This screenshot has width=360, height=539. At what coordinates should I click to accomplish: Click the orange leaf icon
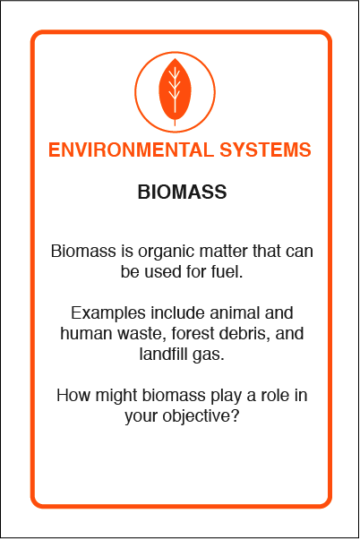pyautogui.click(x=175, y=90)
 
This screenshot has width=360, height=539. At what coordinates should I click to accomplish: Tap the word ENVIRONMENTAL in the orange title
pyautogui.click(x=131, y=150)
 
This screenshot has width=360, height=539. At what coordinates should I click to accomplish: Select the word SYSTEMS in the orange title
pyautogui.click(x=265, y=150)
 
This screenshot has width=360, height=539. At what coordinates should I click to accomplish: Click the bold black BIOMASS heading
pyautogui.click(x=182, y=192)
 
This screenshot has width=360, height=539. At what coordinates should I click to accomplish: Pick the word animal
pyautogui.click(x=235, y=312)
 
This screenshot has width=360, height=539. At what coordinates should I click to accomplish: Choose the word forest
pyautogui.click(x=193, y=333)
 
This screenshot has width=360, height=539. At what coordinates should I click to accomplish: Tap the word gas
pyautogui.click(x=209, y=355)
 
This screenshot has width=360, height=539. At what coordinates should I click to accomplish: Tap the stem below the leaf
pyautogui.click(x=175, y=123)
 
